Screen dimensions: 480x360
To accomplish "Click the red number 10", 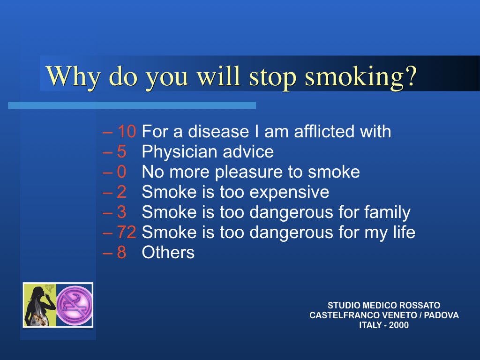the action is pos(127,131).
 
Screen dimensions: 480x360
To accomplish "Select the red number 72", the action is pos(127,232).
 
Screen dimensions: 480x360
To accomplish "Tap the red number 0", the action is pos(122,172).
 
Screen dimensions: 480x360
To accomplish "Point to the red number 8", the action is pos(122,252).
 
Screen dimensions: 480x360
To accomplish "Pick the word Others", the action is pos(168,253).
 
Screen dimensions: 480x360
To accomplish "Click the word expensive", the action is pos(289,193).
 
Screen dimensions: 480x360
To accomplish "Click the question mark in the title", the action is pos(411,75).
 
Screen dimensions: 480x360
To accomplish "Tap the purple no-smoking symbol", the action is pos(75,305).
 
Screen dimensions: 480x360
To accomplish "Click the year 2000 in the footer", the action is pos(398,325).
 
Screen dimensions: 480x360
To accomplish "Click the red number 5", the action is pos(122,151).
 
